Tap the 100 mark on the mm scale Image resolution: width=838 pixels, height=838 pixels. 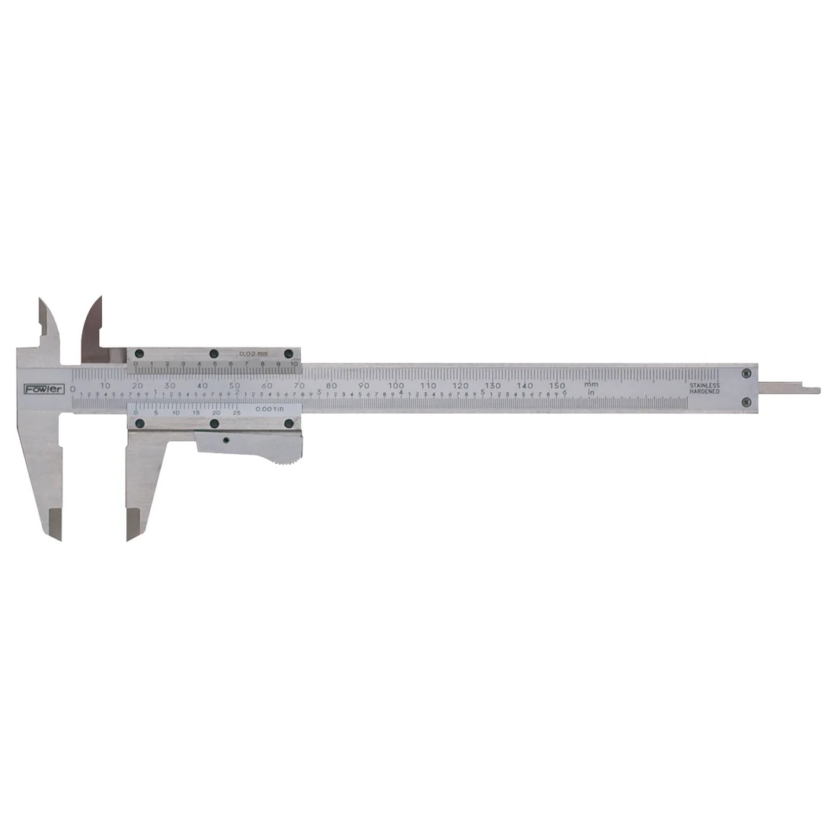[396, 385]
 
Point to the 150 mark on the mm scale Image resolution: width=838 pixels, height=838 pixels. [558, 385]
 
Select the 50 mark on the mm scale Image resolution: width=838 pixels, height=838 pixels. [235, 385]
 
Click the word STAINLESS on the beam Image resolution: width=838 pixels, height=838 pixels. [705, 385]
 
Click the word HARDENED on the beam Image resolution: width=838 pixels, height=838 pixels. [705, 392]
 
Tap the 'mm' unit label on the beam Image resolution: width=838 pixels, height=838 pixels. [590, 385]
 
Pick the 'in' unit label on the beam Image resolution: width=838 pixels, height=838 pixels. [590, 393]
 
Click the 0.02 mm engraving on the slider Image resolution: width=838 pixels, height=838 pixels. [254, 354]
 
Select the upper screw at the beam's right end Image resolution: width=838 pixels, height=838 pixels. [744, 373]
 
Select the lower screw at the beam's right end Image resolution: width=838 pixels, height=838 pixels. [744, 401]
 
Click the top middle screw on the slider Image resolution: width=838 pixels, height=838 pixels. [214, 353]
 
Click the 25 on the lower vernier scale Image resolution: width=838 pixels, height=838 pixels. [237, 412]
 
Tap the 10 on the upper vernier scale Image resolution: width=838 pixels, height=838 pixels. [293, 365]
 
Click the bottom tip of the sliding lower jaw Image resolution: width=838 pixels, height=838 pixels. [129, 538]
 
